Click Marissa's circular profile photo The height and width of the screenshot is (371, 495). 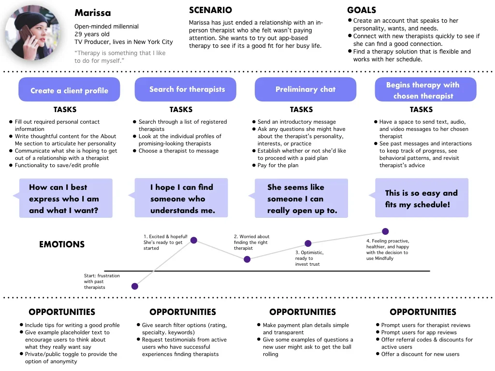click(32, 32)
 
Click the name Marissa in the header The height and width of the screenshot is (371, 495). click(92, 13)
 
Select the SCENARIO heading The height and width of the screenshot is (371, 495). click(210, 10)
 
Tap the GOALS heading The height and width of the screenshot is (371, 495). click(362, 10)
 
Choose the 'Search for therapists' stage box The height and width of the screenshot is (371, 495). click(185, 89)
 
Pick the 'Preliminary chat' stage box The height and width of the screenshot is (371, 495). click(306, 89)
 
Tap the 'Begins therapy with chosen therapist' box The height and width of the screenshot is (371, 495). click(425, 89)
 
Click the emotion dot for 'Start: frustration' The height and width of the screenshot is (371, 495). click(135, 286)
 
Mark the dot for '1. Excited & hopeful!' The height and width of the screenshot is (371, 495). click(194, 241)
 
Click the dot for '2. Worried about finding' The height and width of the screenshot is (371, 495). click(247, 259)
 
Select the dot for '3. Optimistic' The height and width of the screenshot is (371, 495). click(308, 243)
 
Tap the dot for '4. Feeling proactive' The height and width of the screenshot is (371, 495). click(385, 231)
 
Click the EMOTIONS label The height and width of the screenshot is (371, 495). click(62, 244)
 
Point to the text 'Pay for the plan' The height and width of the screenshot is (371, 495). click(278, 165)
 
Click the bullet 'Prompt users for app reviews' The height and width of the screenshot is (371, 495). click(419, 332)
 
